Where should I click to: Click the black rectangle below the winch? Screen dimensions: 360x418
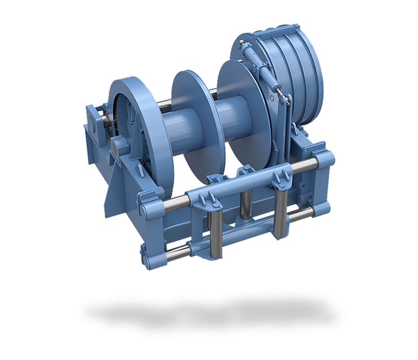(212, 314)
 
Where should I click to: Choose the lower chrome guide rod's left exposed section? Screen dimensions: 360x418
(169, 248)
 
